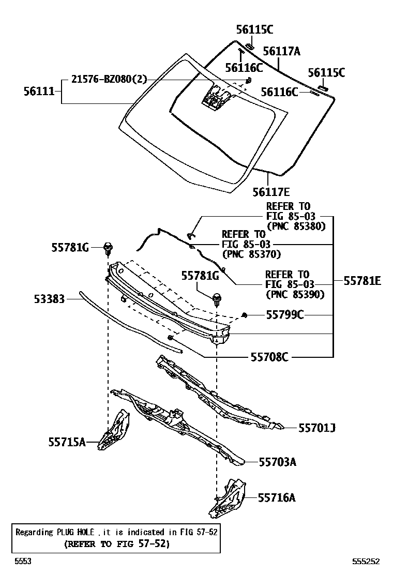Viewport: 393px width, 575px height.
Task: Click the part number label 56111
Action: tap(39, 91)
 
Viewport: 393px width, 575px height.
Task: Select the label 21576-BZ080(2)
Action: tap(109, 79)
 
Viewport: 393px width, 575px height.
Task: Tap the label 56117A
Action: tap(282, 51)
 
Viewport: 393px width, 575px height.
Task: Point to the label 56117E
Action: tap(271, 192)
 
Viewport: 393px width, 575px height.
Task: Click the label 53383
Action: tap(50, 299)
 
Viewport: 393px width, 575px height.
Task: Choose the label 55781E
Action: tap(362, 281)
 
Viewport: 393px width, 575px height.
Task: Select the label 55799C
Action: tap(284, 314)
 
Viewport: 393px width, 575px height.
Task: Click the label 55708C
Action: tap(269, 356)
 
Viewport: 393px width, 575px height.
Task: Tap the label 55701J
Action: tap(317, 428)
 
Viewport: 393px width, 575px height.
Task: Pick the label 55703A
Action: tap(278, 462)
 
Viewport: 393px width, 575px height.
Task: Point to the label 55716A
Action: tap(277, 497)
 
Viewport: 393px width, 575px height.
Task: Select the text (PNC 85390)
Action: tap(295, 294)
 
